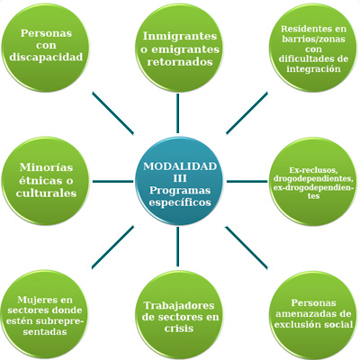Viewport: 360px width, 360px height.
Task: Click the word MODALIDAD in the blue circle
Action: coord(180,166)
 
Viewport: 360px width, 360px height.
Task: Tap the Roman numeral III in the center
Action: coord(180,178)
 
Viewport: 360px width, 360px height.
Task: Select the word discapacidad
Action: coord(46,57)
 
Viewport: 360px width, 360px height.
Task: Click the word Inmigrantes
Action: coord(180,36)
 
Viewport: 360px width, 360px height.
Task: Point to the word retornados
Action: coord(180,62)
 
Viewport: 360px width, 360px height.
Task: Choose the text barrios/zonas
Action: coord(313,39)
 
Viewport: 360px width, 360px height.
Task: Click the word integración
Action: coord(313,68)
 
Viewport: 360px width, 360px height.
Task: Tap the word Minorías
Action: coord(46,167)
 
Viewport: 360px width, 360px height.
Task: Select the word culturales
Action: coord(46,193)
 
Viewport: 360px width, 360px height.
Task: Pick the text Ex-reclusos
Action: coord(313,170)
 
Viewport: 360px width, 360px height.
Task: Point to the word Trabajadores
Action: coord(179,305)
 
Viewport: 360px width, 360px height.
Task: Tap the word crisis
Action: coord(179,328)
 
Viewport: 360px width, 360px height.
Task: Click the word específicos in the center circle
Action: coord(180,202)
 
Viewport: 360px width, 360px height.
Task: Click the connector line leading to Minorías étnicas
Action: coord(112,181)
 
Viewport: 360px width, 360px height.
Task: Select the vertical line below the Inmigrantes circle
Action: coord(178,113)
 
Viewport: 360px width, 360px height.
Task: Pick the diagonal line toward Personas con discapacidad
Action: coord(112,112)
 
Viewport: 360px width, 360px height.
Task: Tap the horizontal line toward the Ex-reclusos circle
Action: coord(247,181)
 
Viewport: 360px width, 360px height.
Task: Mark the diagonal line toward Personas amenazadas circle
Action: coord(246,247)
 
